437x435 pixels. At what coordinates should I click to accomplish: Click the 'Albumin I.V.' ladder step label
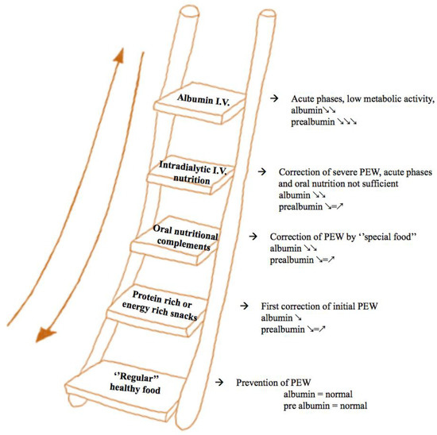tap(203, 100)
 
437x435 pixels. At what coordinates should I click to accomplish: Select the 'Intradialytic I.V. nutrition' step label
tap(192, 172)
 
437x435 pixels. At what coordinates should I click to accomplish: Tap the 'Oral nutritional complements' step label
tap(185, 237)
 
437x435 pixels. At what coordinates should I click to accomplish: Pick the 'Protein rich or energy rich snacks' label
tap(160, 306)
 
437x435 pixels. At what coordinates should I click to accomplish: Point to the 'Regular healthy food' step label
tap(135, 383)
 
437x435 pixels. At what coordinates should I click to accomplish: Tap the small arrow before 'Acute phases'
tap(274, 98)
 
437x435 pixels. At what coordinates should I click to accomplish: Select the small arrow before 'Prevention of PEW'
tap(219, 382)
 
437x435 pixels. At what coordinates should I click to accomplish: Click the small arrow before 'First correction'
tap(244, 306)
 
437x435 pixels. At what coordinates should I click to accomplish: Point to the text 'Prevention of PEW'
tap(273, 383)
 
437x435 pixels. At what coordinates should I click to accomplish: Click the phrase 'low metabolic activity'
tap(390, 98)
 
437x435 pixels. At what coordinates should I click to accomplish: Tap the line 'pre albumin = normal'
tap(325, 406)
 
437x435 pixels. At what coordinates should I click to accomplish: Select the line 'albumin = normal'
tap(318, 394)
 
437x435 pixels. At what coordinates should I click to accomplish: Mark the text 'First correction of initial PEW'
tap(319, 306)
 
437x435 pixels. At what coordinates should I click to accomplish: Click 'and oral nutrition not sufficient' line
tap(338, 183)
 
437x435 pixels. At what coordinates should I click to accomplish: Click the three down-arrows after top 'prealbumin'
tap(346, 121)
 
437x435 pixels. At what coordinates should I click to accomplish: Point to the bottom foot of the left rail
tap(78, 400)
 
